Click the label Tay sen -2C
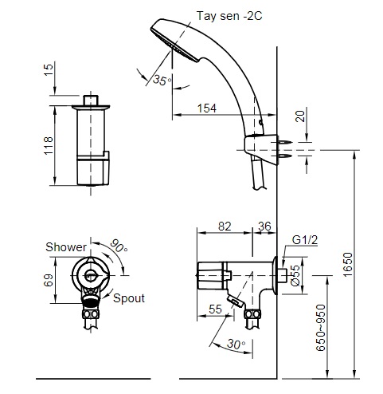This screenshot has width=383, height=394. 229,16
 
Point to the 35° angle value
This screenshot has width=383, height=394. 162,80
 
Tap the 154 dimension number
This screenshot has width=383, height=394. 207,108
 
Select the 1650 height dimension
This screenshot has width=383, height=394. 347,265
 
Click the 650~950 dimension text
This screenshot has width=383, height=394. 321,328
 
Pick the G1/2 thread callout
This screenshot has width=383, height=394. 305,240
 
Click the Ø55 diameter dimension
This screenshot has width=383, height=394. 295,275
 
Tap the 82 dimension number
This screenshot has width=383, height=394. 225,227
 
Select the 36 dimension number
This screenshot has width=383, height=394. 264,227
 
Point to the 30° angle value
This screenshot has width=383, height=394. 236,344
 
